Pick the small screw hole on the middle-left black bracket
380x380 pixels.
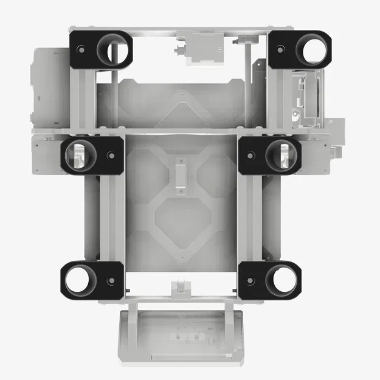point(111,156)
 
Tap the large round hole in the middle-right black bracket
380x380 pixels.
point(280,156)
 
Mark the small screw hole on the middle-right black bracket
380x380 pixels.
point(250,156)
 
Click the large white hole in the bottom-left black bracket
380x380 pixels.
point(78,280)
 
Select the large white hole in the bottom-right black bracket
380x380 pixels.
point(282,280)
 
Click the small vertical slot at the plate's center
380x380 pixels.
point(181,175)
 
